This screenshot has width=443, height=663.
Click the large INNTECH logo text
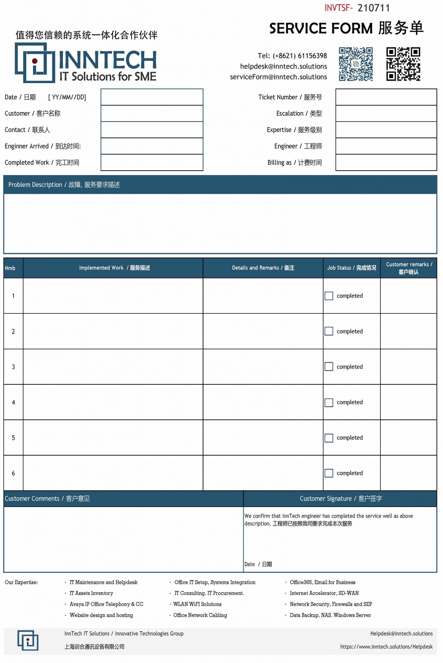pyautogui.click(x=108, y=60)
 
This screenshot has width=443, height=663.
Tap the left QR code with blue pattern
pyautogui.click(x=356, y=64)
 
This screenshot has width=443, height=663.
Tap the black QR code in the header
pyautogui.click(x=403, y=64)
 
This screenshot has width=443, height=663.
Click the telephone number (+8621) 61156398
pyautogui.click(x=300, y=56)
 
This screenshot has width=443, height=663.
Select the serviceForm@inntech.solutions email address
pyautogui.click(x=278, y=77)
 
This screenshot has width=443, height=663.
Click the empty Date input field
pyautogui.click(x=152, y=97)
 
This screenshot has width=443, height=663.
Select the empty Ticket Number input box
pyautogui.click(x=386, y=97)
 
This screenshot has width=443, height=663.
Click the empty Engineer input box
pyautogui.click(x=386, y=146)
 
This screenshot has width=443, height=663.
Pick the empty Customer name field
pyautogui.click(x=152, y=114)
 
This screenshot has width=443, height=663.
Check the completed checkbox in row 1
pyautogui.click(x=329, y=296)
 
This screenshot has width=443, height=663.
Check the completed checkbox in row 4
pyautogui.click(x=329, y=402)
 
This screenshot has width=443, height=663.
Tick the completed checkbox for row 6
pyautogui.click(x=329, y=473)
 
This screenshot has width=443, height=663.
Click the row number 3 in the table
pyautogui.click(x=13, y=367)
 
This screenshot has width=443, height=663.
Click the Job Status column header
pyautogui.click(x=352, y=268)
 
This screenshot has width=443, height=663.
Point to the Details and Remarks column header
pyautogui.click(x=263, y=268)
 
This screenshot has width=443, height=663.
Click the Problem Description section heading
pyautogui.click(x=64, y=185)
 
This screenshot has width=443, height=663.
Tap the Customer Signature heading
pyautogui.click(x=341, y=499)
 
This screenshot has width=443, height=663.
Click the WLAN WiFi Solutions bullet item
pyautogui.click(x=197, y=604)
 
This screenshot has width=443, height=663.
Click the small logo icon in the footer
pyautogui.click(x=28, y=640)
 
